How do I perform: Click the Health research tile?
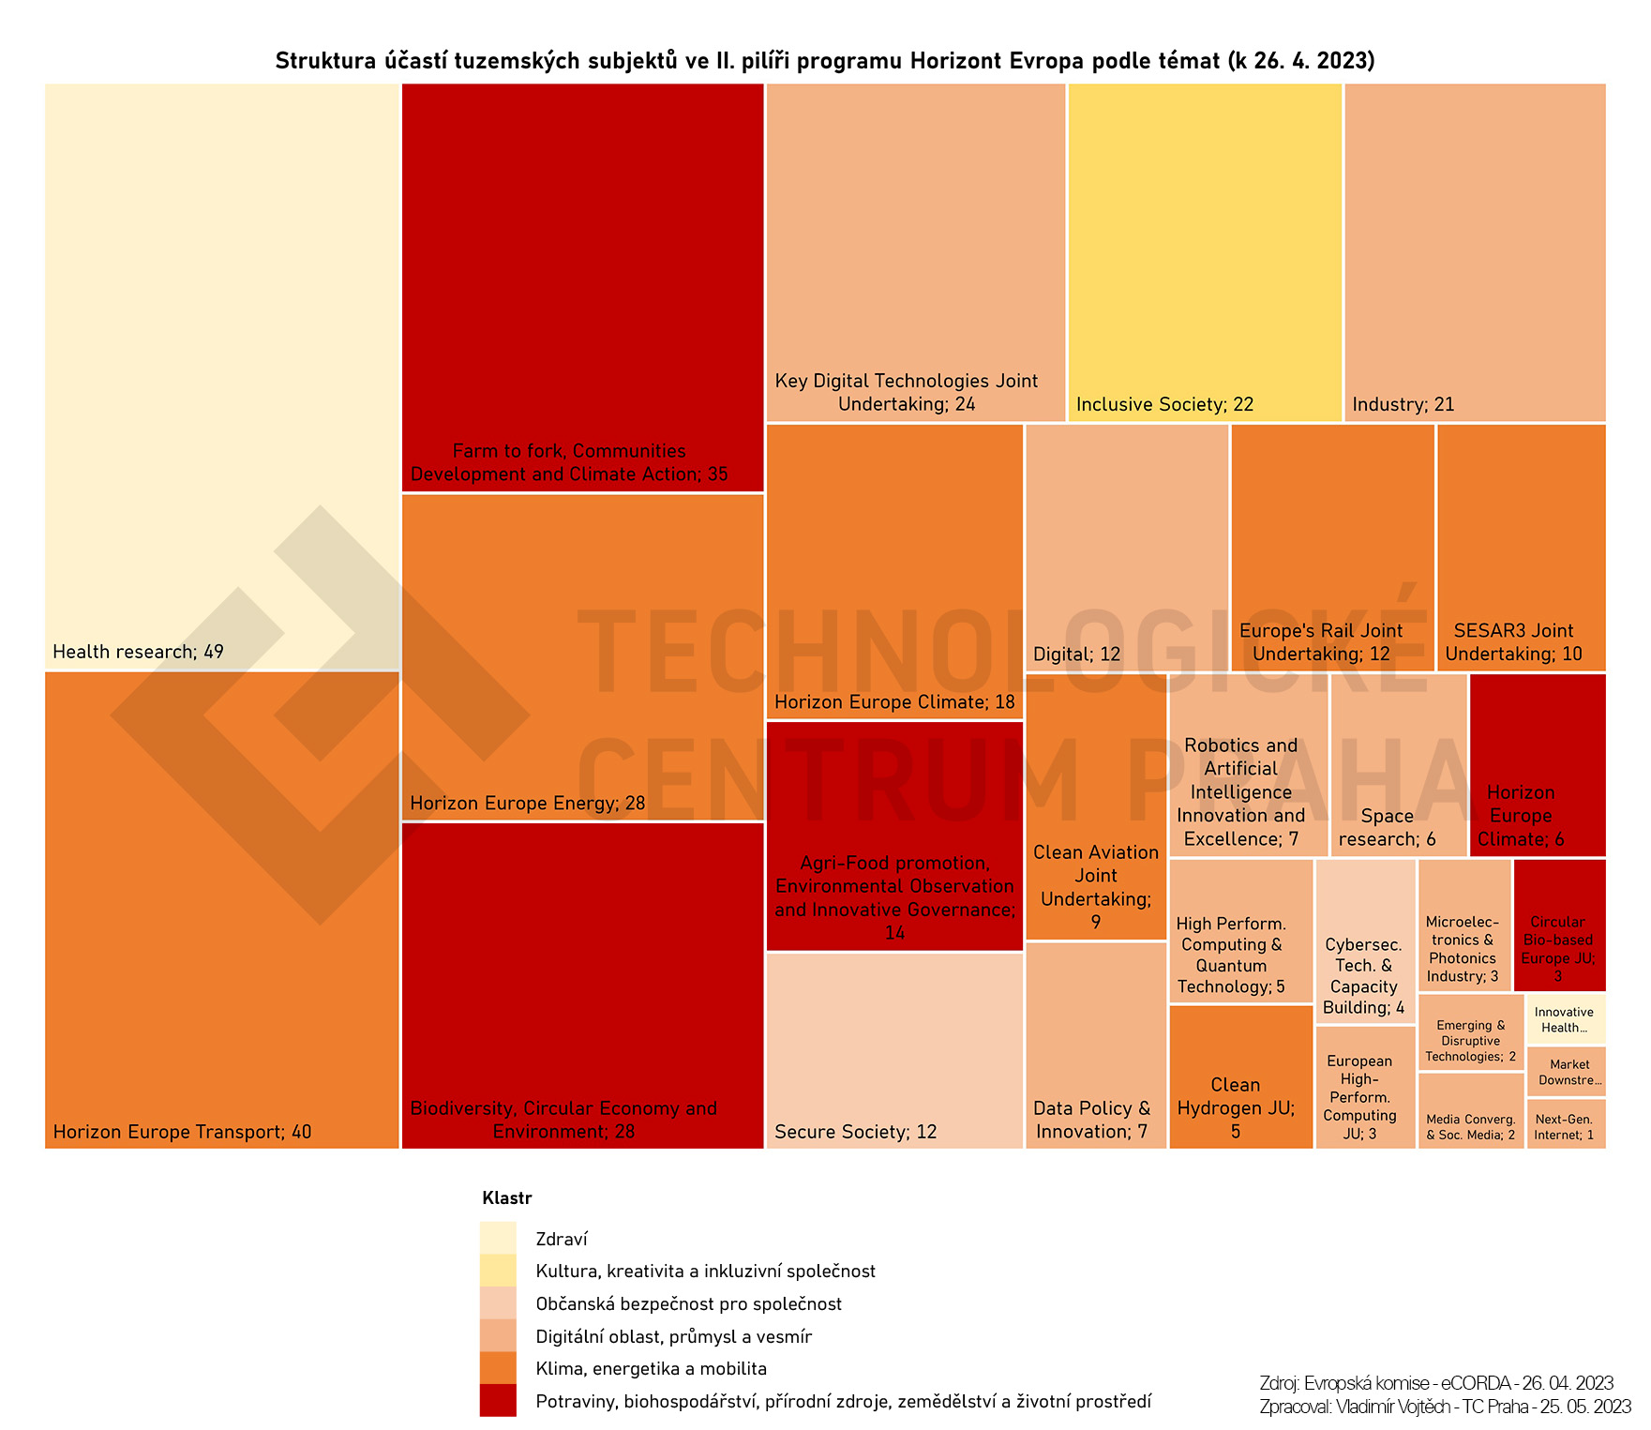pos(222,375)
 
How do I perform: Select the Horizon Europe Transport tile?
pos(222,910)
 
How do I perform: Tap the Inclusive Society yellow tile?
pos(1205,252)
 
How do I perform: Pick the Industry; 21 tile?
pos(1475,252)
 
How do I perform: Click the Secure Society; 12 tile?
pos(894,1050)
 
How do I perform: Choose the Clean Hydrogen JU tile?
pos(1240,1076)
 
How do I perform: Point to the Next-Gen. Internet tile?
pos(1566,1123)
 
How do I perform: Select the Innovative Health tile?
pos(1566,1019)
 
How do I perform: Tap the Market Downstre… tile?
pos(1566,1072)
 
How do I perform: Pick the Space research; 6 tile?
pos(1398,764)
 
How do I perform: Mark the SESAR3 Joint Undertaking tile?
pos(1521,548)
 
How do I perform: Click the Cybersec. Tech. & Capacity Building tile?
pos(1365,941)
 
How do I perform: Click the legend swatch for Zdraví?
pos(498,1239)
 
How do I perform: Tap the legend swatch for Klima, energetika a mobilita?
pos(498,1368)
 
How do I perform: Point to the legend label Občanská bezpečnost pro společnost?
pos(688,1304)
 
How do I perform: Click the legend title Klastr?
pos(506,1198)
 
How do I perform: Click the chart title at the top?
pos(825,61)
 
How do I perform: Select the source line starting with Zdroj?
pos(1436,1383)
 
